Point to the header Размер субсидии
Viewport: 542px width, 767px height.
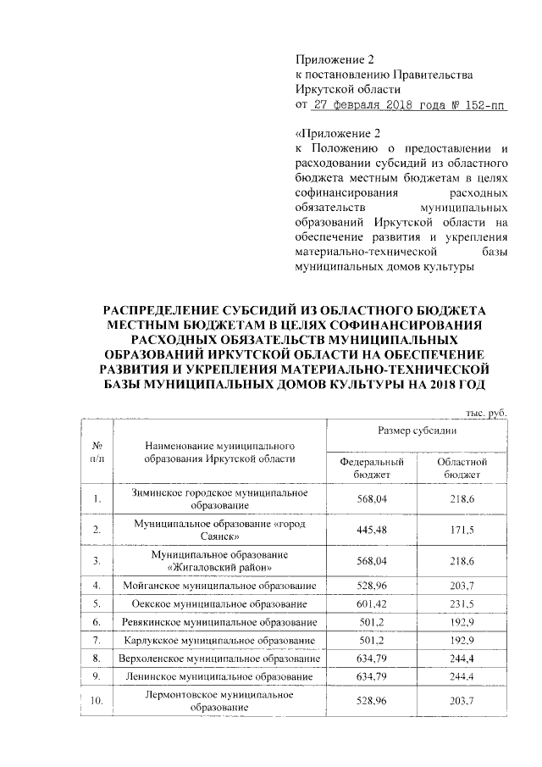pos(418,431)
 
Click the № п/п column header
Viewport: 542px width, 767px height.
pos(97,451)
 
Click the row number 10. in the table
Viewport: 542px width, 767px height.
pos(97,700)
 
